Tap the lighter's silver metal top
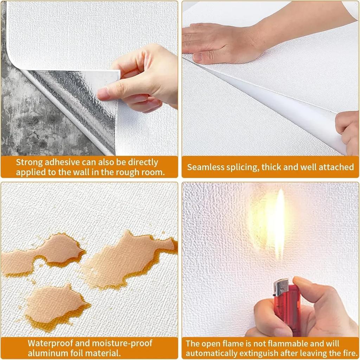click(x=281, y=287)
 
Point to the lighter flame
click(x=279, y=221)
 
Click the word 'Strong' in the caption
click(x=29, y=162)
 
